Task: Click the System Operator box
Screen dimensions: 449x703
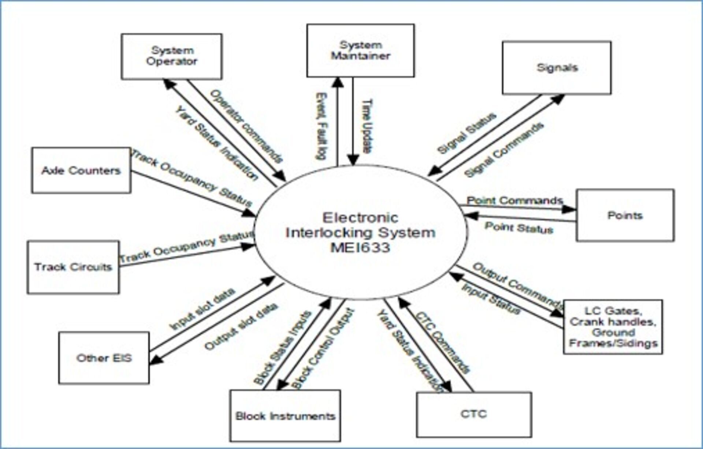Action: click(171, 56)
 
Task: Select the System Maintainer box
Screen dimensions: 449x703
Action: click(360, 50)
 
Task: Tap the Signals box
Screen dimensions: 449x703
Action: click(557, 68)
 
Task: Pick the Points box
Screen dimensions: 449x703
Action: click(625, 215)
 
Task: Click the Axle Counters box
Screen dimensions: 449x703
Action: click(81, 171)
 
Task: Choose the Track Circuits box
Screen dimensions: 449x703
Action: click(73, 267)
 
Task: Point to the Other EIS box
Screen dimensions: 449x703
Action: click(104, 358)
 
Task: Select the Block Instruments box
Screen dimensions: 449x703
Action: click(285, 416)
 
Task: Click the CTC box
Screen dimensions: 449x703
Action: click(474, 414)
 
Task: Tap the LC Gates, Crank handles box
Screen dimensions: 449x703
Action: click(613, 327)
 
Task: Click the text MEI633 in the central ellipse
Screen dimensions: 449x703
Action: click(360, 248)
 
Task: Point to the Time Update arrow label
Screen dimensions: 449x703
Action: click(367, 126)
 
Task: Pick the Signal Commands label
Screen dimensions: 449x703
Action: click(504, 150)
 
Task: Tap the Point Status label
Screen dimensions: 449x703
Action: click(519, 228)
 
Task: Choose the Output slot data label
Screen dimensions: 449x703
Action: click(241, 327)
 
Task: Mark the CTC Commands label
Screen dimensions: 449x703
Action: click(443, 342)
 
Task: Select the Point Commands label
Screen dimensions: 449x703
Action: click(515, 201)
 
